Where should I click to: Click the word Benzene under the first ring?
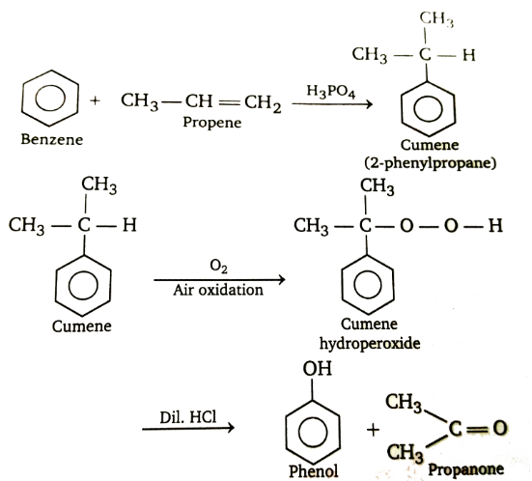[x=52, y=139]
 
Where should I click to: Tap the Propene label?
[x=212, y=123]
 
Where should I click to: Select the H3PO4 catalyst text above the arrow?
[x=331, y=92]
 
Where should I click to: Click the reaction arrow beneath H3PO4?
[x=332, y=104]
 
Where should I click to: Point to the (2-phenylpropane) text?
[x=431, y=163]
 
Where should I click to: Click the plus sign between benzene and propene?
[x=96, y=100]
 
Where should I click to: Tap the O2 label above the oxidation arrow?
[x=218, y=266]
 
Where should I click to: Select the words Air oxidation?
[x=218, y=290]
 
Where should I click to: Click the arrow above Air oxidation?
[x=219, y=280]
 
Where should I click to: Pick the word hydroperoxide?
[x=370, y=343]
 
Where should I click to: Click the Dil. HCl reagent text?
[x=188, y=417]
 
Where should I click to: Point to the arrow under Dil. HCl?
[x=188, y=429]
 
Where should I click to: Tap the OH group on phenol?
[x=318, y=369]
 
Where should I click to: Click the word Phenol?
[x=313, y=471]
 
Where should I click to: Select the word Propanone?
[x=465, y=469]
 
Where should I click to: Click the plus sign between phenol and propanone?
[x=374, y=431]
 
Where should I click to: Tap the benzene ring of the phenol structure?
[x=286, y=432]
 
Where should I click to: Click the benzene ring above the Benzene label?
[x=22, y=99]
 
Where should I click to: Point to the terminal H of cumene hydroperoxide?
[x=495, y=226]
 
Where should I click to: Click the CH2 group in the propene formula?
[x=263, y=102]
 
